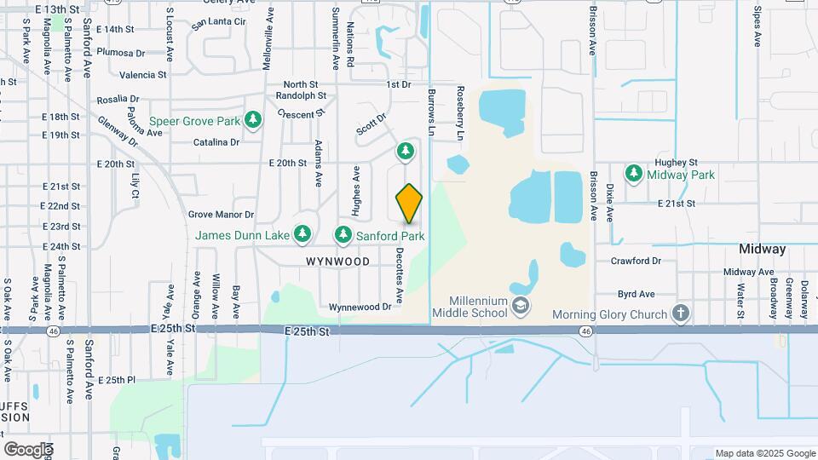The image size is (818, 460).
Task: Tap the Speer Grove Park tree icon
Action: (x=252, y=120)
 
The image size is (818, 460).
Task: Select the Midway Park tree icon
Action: (x=633, y=175)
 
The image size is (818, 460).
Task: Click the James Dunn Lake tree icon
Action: (x=302, y=233)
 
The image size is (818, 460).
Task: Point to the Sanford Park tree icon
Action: (x=343, y=233)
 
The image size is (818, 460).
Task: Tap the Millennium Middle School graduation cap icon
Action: (x=520, y=304)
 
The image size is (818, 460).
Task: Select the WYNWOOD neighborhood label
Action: (x=339, y=262)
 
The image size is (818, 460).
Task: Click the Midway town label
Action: (x=763, y=250)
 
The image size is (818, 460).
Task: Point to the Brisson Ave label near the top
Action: (x=592, y=31)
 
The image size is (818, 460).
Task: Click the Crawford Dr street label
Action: (x=640, y=261)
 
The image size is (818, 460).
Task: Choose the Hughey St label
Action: (x=676, y=162)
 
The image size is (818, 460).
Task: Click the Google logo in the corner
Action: (x=28, y=449)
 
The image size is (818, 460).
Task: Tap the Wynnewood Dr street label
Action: (x=361, y=307)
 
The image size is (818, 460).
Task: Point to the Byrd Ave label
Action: (x=636, y=294)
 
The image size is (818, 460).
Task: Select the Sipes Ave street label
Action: (x=757, y=26)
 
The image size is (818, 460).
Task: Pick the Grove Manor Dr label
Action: (x=222, y=215)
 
